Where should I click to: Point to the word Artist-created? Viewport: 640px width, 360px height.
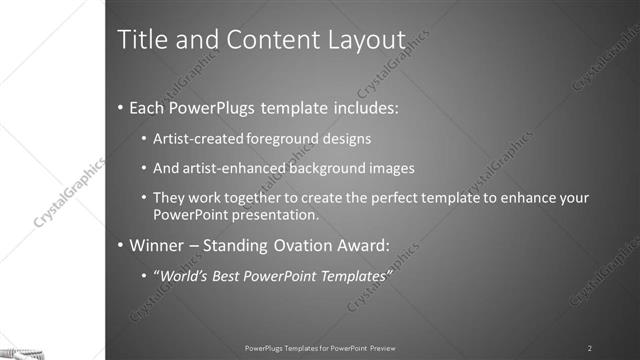[x=193, y=138]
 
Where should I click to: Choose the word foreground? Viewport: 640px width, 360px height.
[x=271, y=138]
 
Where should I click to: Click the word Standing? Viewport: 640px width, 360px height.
[x=241, y=245]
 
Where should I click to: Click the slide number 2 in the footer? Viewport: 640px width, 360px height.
[x=590, y=348]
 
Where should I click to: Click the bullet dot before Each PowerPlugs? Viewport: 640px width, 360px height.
[x=121, y=107]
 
